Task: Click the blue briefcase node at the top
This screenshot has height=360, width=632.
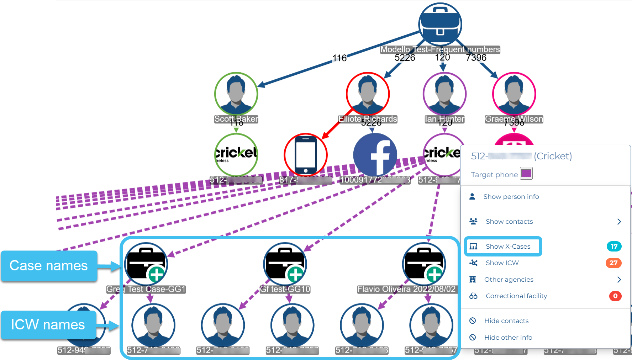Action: pos(440,24)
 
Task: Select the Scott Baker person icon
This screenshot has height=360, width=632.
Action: pos(236,94)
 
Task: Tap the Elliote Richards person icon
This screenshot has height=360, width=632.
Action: pos(368,94)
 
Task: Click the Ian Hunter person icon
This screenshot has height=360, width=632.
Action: pos(444,94)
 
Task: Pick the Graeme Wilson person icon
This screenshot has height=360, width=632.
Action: pos(514,94)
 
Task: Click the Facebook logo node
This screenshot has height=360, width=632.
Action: pos(375,155)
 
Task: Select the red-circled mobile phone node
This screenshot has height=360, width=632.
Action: pos(306,155)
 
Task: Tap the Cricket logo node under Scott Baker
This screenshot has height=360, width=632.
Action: pos(236,154)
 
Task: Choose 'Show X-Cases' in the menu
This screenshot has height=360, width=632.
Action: pos(508,246)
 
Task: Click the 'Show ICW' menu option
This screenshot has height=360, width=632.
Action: pos(502,263)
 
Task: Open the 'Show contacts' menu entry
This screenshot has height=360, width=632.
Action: pos(509,222)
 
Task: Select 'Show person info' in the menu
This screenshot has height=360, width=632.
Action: pos(511,197)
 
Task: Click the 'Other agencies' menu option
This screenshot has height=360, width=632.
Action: pos(509,280)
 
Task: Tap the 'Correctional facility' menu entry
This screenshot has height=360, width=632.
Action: pos(516,296)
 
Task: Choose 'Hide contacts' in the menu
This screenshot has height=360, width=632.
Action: pos(506,321)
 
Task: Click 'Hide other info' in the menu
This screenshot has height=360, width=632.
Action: pos(508,338)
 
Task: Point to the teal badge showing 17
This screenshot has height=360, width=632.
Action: pos(614,246)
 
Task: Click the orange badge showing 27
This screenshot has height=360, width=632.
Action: pos(613,263)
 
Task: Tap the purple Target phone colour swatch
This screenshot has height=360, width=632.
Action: pos(526,174)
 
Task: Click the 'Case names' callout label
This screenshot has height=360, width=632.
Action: pos(49,266)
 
